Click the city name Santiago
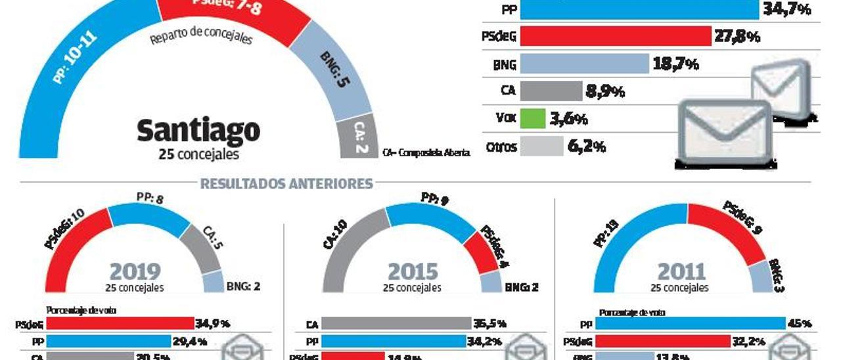click(198, 131)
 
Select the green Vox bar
click(533, 119)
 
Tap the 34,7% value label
click(786, 10)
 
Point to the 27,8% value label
click(737, 37)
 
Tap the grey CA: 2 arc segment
click(359, 139)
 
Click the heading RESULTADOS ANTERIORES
click(286, 184)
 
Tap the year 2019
click(135, 271)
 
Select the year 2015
click(413, 271)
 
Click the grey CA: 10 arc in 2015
click(342, 243)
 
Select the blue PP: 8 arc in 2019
click(150, 217)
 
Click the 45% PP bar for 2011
click(691, 323)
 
